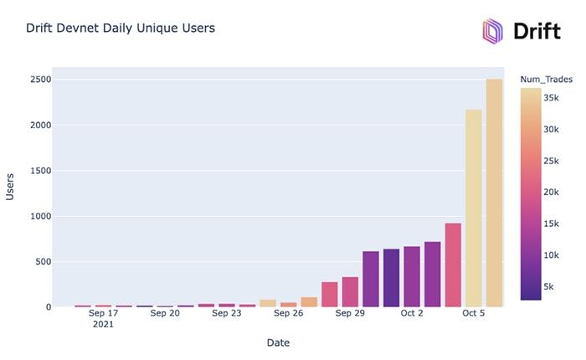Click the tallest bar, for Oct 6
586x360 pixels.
(x=494, y=193)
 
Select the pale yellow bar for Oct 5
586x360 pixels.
(x=473, y=208)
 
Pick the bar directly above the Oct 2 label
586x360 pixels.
(x=412, y=277)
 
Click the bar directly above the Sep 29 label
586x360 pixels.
(x=350, y=292)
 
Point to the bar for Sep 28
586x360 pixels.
(x=329, y=295)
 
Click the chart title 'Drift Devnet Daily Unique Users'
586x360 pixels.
(x=121, y=28)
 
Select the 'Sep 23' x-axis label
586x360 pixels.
(x=226, y=313)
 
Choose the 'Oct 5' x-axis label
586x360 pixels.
(x=473, y=313)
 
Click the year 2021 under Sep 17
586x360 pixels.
(x=103, y=324)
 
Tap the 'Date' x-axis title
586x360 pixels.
(x=278, y=342)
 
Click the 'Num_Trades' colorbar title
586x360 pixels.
(x=545, y=80)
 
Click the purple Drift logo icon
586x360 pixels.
(x=492, y=31)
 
